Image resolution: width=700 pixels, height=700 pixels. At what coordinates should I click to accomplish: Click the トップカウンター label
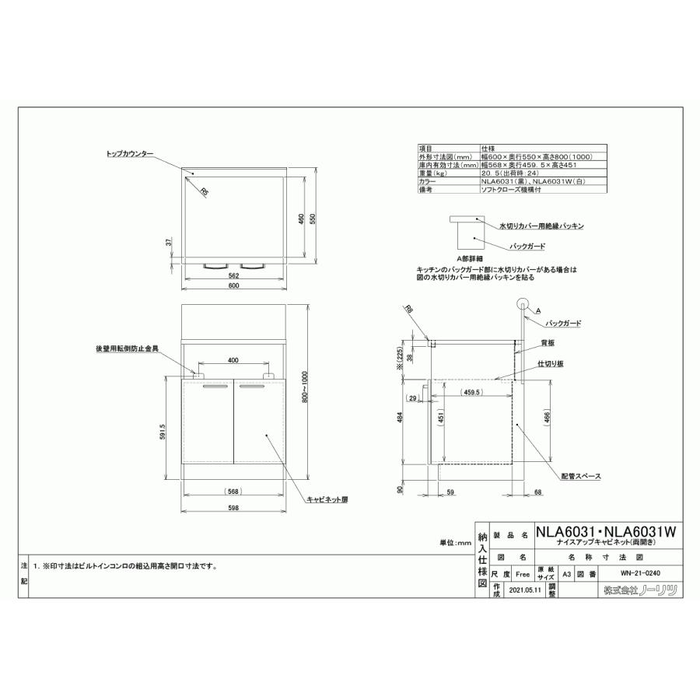point(130,154)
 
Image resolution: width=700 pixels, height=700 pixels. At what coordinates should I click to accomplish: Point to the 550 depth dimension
point(313,219)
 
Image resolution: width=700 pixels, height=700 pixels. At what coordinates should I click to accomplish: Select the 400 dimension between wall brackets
point(233,360)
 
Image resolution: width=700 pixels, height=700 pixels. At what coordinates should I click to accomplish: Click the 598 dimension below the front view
point(233,509)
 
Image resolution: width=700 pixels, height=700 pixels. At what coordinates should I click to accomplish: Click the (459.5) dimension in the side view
point(474,393)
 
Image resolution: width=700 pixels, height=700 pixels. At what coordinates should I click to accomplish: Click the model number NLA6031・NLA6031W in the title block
point(606,531)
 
